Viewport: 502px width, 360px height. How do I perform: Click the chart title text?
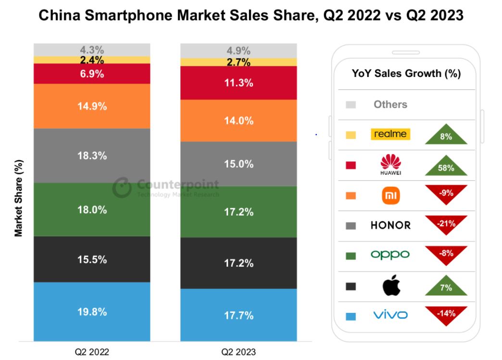point(251,15)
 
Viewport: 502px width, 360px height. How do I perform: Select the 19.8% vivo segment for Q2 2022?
point(92,311)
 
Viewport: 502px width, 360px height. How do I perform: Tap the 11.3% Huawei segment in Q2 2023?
point(239,83)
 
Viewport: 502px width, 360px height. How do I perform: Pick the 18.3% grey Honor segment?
point(92,155)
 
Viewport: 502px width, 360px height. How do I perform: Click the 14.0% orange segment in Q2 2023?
point(239,120)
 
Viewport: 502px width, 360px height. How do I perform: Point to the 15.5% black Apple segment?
point(92,259)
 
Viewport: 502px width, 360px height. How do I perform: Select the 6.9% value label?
point(92,74)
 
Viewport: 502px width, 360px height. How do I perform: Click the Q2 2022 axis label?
point(92,352)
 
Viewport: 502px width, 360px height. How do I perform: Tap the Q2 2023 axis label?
point(239,352)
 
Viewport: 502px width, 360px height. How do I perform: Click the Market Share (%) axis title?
point(19,198)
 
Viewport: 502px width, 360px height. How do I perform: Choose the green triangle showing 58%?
point(446,167)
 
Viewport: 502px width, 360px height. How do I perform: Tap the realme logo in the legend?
point(390,134)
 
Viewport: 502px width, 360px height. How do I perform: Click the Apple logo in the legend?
point(390,286)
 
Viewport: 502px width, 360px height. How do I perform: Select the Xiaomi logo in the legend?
point(390,195)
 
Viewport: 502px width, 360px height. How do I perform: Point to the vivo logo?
point(390,315)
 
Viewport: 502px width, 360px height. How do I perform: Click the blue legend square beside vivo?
point(351,316)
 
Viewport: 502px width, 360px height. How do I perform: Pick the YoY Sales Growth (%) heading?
point(406,74)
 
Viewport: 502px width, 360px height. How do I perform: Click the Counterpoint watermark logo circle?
point(122,187)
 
